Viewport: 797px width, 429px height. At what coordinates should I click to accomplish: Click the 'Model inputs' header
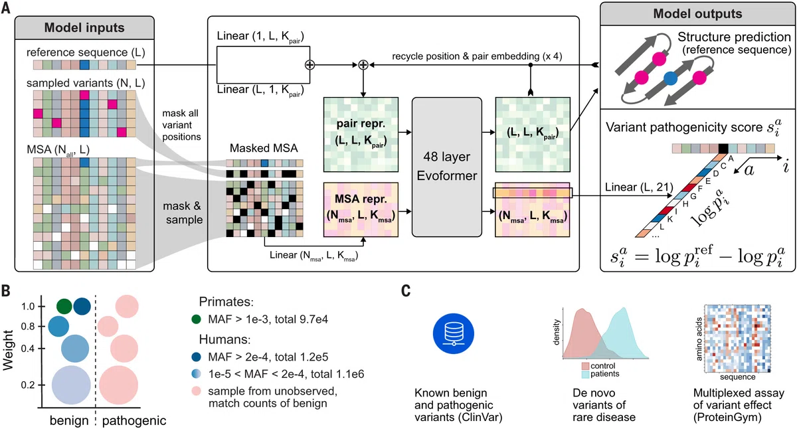84,28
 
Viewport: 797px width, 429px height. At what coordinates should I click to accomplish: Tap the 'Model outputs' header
697,13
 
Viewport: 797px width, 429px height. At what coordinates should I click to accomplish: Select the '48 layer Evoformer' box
447,167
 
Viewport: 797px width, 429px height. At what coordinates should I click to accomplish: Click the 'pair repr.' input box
361,134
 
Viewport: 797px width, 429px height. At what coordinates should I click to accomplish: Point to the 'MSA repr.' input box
361,210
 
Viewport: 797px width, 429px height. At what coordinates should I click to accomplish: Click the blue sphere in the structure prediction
670,78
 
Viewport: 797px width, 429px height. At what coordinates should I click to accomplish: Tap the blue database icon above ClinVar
453,333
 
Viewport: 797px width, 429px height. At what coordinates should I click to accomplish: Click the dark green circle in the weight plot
64,306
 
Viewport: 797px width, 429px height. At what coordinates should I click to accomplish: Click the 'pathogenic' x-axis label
134,420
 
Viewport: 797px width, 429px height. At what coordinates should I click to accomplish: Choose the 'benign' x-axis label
69,420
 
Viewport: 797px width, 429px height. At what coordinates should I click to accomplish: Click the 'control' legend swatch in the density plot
585,366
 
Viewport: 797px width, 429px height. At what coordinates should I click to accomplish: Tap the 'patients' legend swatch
585,374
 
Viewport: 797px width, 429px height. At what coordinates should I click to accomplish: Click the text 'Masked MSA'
264,148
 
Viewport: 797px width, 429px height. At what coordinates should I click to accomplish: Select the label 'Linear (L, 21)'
639,187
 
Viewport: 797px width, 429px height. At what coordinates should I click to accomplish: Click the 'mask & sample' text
183,213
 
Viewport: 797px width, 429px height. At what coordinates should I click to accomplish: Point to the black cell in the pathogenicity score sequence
723,148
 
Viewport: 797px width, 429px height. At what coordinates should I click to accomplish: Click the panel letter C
406,291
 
